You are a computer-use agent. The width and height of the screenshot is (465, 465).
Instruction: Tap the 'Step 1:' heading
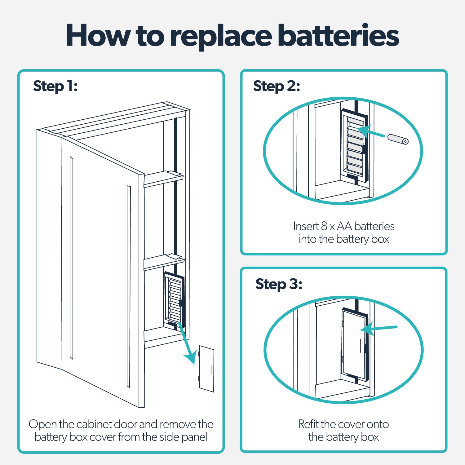[x=55, y=86]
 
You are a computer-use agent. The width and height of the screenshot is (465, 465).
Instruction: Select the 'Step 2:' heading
[x=277, y=86]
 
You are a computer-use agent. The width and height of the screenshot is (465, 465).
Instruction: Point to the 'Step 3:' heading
[x=279, y=284]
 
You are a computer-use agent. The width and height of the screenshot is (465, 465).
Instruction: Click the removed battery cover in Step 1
[x=206, y=369]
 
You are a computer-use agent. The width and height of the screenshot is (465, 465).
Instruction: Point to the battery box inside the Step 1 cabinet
[x=174, y=299]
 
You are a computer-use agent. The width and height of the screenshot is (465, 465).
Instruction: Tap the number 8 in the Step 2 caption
[x=324, y=226]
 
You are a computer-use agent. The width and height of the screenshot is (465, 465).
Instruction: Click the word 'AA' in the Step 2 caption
[x=344, y=226]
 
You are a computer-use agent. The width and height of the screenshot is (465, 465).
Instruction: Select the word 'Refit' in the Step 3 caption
[x=308, y=424]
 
